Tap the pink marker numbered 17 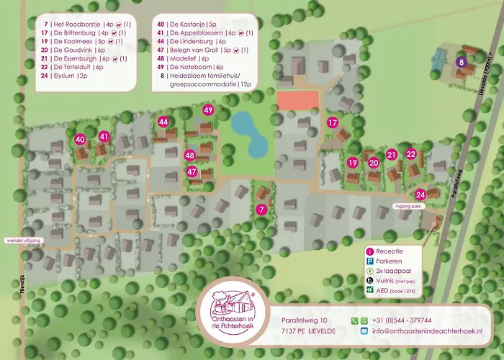(332, 122)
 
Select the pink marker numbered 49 (208, 110)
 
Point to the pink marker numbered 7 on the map (261, 210)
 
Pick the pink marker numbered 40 (81, 139)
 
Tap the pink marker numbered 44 (164, 122)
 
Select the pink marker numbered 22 (410, 154)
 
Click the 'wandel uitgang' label (24, 240)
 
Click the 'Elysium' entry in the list (68, 76)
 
